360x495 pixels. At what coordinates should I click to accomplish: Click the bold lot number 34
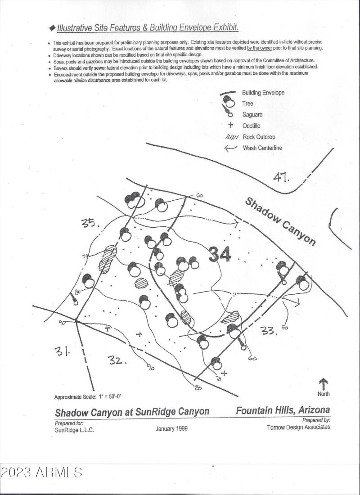[220, 254]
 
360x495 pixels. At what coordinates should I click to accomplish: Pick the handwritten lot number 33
[269, 331]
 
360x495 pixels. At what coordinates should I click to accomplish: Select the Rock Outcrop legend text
[258, 137]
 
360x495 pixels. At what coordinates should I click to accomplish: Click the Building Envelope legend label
[263, 93]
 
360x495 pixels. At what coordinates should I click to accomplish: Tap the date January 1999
[171, 428]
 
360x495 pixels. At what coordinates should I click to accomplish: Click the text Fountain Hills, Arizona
[283, 410]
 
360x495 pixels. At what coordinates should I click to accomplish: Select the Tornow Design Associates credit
[298, 427]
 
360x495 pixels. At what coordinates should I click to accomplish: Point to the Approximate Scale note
[88, 397]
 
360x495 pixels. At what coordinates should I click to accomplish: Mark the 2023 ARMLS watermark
[41, 472]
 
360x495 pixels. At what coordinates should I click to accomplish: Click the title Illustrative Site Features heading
[147, 28]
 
